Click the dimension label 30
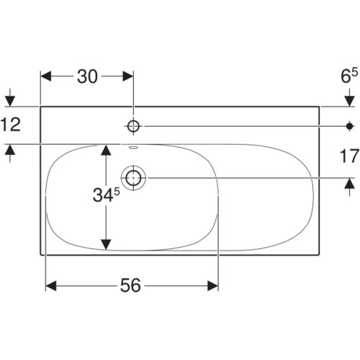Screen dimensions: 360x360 [x=87, y=76]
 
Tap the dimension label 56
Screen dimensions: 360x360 [x=130, y=285]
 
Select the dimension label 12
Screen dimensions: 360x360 [x=11, y=125]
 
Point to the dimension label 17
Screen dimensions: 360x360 [x=349, y=156]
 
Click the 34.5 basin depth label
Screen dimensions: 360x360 [x=106, y=194]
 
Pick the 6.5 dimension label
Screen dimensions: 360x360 [x=349, y=76]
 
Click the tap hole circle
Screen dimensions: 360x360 [x=133, y=126]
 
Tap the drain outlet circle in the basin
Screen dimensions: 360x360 [x=133, y=178]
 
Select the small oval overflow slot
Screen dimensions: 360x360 [x=133, y=148]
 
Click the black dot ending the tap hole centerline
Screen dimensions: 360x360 [x=349, y=126]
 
